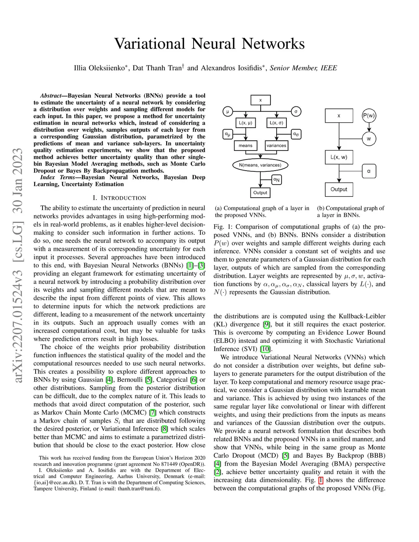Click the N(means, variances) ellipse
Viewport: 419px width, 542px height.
[260, 165]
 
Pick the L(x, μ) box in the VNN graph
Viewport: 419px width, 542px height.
[246, 123]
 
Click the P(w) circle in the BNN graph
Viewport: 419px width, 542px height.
[369, 116]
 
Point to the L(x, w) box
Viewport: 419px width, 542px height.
[339, 157]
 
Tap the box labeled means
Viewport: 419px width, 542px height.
[246, 145]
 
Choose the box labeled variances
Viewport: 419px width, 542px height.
[277, 145]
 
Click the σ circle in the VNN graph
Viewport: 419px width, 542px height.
[296, 111]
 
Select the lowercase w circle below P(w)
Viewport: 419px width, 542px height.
[369, 139]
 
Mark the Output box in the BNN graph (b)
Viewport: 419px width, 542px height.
[339, 189]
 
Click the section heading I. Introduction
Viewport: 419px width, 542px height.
[119, 198]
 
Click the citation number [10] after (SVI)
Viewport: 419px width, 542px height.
[266, 349]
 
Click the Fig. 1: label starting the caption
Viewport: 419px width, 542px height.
[223, 227]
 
